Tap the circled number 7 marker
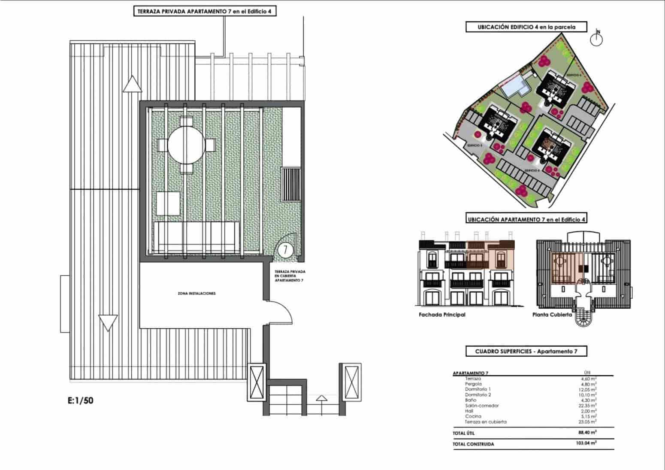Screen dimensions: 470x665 tap(285, 249)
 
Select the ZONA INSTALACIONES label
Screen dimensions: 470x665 tap(196, 294)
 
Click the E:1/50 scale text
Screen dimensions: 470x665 tap(80, 401)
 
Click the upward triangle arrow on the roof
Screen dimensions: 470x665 tap(132, 84)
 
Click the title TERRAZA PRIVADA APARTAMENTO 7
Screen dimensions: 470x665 tap(204, 12)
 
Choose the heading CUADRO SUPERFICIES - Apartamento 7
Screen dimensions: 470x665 tap(526, 352)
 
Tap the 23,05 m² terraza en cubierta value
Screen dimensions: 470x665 tap(587, 421)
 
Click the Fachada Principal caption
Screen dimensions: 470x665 tap(442, 315)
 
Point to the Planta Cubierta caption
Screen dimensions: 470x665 tap(552, 315)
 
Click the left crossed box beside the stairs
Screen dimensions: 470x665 tap(257, 381)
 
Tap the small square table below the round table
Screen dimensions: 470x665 tap(168, 203)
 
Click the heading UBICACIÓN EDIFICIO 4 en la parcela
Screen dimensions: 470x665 tap(526, 27)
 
